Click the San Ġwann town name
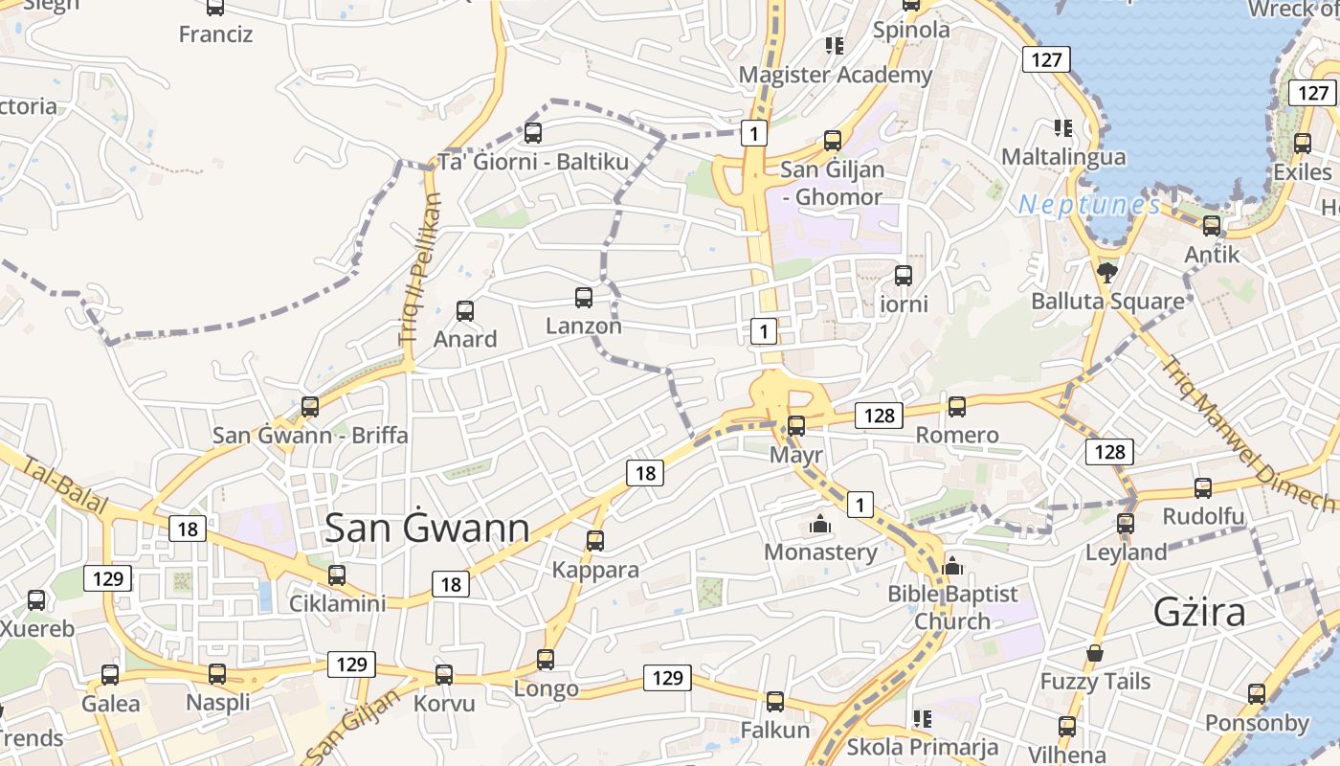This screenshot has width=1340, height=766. click(x=427, y=529)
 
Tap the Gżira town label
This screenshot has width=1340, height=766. click(x=1199, y=612)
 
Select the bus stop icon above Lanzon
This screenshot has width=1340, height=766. click(x=584, y=298)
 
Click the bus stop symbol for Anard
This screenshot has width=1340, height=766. click(x=465, y=310)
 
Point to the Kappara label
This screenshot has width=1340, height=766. click(x=595, y=570)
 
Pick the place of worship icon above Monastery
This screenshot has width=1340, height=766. click(x=819, y=524)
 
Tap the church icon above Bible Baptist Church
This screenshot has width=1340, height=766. click(x=951, y=566)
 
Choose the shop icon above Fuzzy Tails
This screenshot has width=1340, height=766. click(x=1095, y=654)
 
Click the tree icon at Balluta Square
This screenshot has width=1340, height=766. click(x=1107, y=273)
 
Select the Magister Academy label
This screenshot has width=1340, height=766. click(x=836, y=75)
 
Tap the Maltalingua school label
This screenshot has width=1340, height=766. click(x=1063, y=156)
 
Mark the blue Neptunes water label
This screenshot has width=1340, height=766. click(x=1089, y=204)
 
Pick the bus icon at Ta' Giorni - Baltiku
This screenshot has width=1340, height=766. click(x=533, y=133)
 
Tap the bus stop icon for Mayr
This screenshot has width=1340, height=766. click(x=796, y=426)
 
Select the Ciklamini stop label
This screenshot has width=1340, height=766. click(x=337, y=603)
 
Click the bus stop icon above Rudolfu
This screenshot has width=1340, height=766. click(x=1203, y=488)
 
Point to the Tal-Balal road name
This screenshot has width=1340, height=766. click(x=64, y=484)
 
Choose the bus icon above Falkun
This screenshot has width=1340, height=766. click(x=775, y=702)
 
